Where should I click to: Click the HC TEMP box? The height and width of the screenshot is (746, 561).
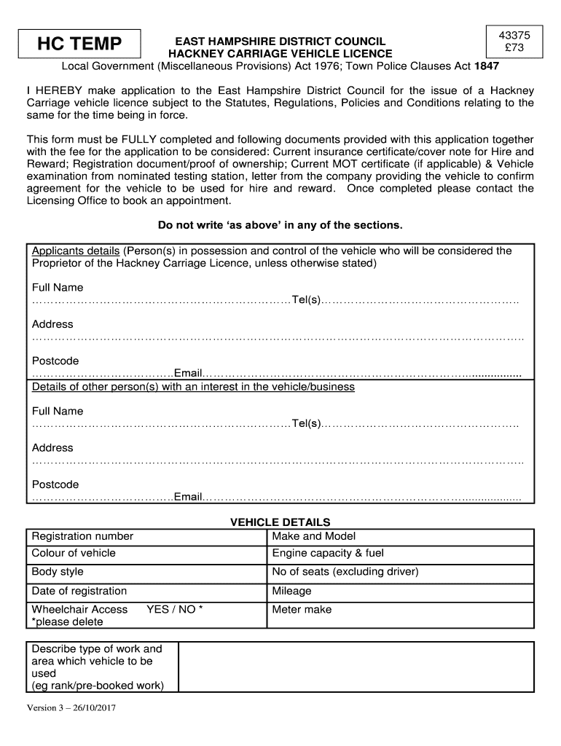click(x=80, y=44)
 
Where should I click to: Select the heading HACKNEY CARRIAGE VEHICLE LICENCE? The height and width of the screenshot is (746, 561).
click(x=280, y=54)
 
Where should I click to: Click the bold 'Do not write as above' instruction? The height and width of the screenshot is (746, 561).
click(x=280, y=225)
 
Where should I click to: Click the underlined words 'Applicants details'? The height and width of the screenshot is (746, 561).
click(x=76, y=251)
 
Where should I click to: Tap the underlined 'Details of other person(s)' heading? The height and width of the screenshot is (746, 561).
click(x=193, y=387)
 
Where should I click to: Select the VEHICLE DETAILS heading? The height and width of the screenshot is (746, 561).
click(x=280, y=522)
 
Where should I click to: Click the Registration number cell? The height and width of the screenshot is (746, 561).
click(x=146, y=537)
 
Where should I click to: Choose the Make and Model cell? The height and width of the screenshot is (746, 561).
click(x=400, y=537)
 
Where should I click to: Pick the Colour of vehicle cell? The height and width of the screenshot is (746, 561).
click(x=146, y=554)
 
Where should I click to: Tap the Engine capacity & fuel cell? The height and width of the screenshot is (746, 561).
click(x=400, y=554)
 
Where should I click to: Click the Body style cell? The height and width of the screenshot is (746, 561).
click(x=146, y=573)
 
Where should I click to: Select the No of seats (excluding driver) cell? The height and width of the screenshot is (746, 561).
click(x=400, y=573)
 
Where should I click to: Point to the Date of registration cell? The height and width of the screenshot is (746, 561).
click(x=146, y=592)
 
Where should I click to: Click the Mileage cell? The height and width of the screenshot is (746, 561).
click(x=400, y=592)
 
